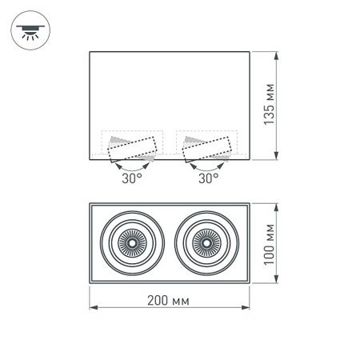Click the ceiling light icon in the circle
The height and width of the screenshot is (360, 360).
(x=29, y=30)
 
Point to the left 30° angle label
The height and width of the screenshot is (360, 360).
(x=131, y=179)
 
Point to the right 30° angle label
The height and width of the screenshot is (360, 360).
(x=207, y=179)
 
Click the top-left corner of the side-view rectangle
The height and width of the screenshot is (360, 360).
(x=89, y=52)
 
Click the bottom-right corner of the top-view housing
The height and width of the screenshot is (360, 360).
(x=250, y=283)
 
